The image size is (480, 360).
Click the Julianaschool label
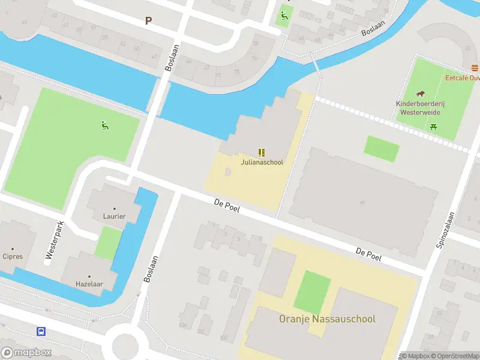262,162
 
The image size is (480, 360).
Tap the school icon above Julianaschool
262,152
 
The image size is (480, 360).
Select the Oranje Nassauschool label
327,319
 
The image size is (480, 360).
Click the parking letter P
148,20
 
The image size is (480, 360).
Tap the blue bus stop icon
41,331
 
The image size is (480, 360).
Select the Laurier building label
115,216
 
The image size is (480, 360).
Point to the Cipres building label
13,256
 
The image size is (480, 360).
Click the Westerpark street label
54,241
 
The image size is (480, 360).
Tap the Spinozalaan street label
446,230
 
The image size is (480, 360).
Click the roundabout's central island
125,346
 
